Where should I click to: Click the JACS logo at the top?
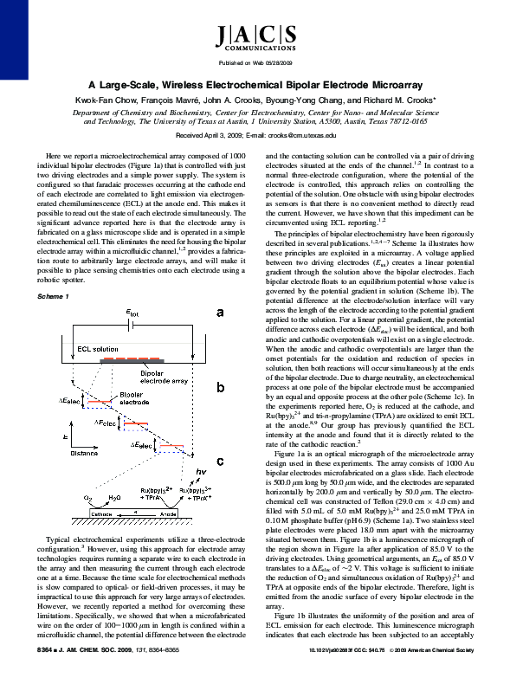255,37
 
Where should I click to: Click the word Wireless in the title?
203,85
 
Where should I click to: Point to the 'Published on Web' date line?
255,63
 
